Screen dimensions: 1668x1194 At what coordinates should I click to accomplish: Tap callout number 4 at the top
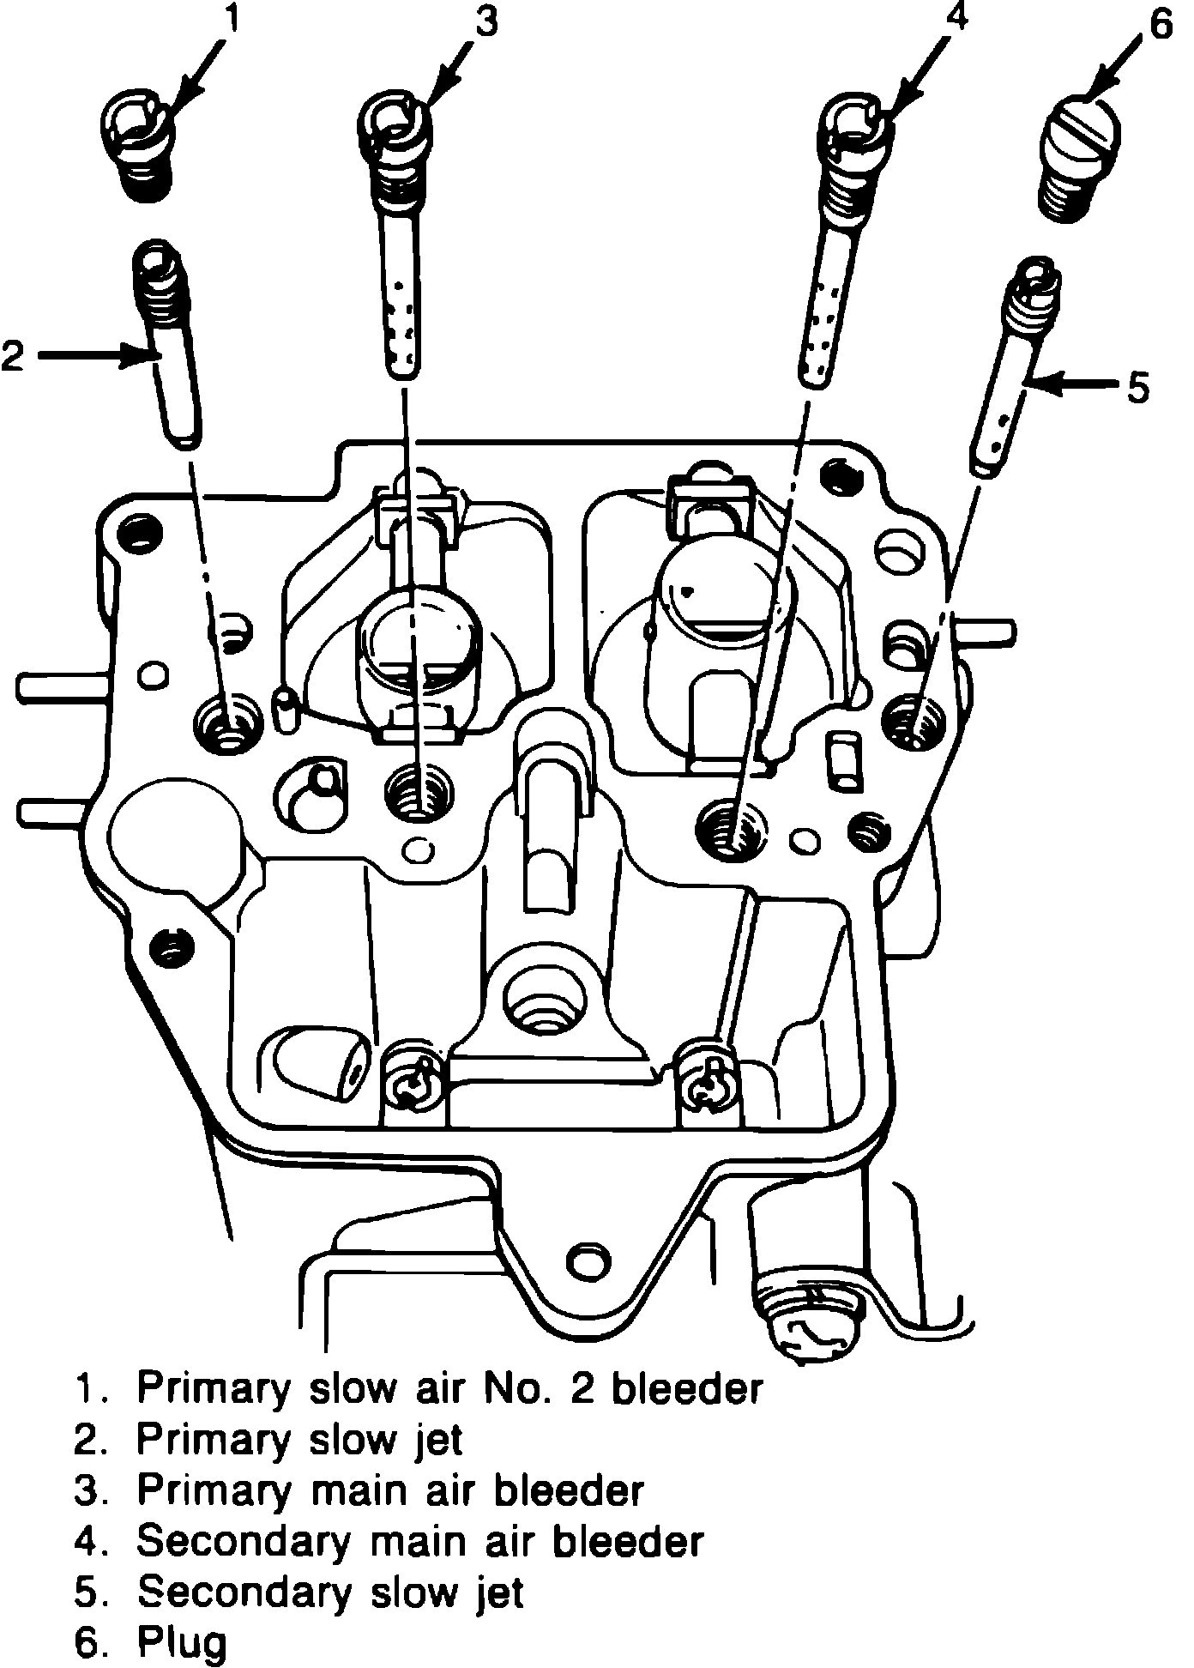click(x=955, y=19)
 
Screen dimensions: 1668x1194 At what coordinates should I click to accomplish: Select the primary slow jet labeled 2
click(x=166, y=343)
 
